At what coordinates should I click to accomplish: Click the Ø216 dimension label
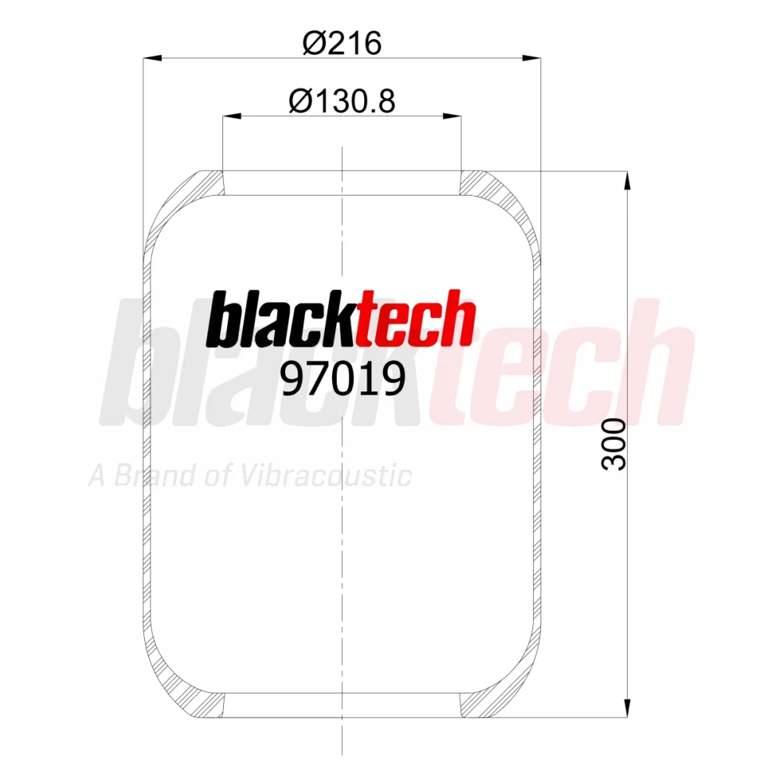pyautogui.click(x=342, y=43)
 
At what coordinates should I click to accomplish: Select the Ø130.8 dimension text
pyautogui.click(x=342, y=101)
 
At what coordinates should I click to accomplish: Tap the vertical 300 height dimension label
pyautogui.click(x=614, y=445)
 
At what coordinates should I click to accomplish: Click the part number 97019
pyautogui.click(x=343, y=378)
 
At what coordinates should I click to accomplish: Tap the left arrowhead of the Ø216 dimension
pyautogui.click(x=153, y=59)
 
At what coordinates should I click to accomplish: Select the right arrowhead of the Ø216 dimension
pyautogui.click(x=532, y=59)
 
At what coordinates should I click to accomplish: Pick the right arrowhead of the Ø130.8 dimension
pyautogui.click(x=452, y=117)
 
